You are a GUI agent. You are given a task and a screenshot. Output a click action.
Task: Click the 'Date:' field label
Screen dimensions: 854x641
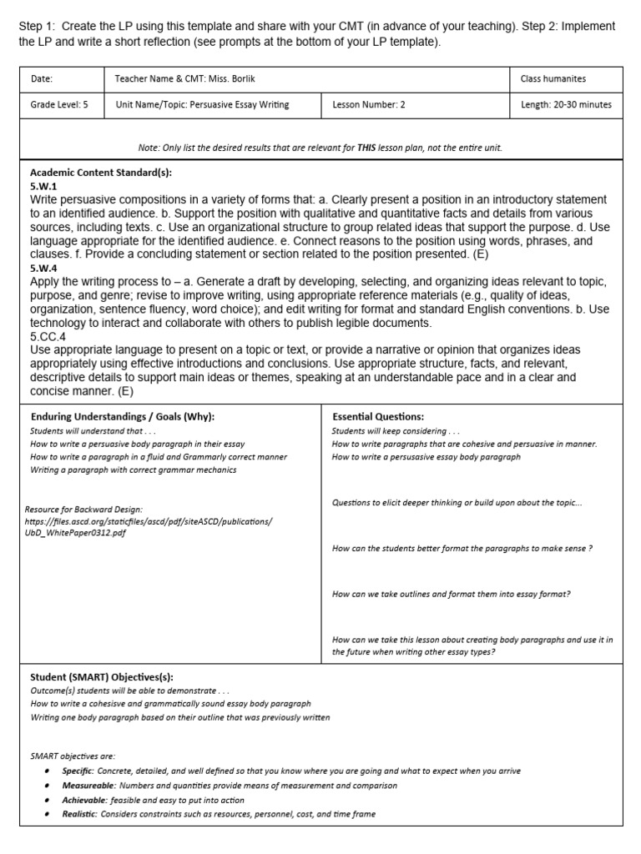click(42, 79)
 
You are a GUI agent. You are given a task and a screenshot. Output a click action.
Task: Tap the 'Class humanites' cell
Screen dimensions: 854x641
click(553, 79)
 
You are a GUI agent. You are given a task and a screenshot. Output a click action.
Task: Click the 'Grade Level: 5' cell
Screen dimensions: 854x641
click(59, 105)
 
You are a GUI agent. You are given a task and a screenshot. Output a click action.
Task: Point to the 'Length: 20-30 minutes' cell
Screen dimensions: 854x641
click(566, 105)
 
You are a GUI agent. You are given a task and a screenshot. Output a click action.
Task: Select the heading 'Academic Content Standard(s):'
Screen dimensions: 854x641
click(101, 173)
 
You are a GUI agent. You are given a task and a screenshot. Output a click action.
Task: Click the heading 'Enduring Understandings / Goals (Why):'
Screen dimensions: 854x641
click(123, 416)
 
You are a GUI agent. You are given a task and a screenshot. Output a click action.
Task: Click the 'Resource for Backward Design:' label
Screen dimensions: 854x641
click(83, 509)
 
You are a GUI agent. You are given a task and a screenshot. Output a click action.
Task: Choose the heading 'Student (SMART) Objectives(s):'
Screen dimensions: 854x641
click(102, 677)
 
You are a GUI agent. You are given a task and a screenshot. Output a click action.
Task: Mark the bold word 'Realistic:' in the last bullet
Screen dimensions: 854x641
click(80, 814)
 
